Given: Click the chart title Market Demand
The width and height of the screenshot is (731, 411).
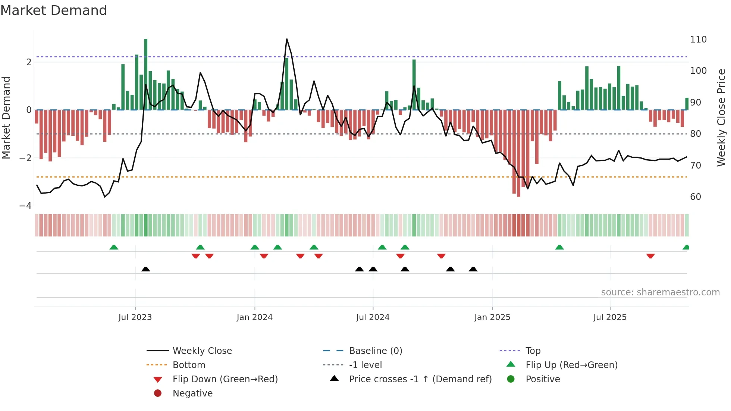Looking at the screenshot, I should (54, 10).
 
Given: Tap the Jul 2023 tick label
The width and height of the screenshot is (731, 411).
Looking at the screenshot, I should (135, 317).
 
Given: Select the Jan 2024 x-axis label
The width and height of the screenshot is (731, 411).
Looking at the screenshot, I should (255, 317).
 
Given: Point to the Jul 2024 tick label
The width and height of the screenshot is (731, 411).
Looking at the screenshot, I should (373, 317).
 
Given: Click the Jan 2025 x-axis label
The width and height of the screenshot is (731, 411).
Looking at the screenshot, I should (492, 317).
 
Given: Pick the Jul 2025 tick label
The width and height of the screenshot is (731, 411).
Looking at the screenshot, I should (610, 317).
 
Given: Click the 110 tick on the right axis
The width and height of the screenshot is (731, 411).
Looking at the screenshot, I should (698, 40).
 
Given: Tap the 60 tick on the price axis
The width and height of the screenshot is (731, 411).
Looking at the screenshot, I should (696, 197).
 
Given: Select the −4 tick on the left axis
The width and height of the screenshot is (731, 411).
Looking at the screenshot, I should (25, 206).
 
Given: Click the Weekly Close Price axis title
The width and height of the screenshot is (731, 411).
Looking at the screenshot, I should (721, 117).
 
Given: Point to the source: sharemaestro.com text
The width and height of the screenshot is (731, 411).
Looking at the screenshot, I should (660, 292).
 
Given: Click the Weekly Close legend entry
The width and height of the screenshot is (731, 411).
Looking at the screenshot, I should (202, 351).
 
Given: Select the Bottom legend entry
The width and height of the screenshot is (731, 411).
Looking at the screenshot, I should (189, 365).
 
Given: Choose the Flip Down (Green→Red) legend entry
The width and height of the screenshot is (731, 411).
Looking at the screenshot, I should (225, 379).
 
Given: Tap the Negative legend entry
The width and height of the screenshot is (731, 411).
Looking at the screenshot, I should (192, 393).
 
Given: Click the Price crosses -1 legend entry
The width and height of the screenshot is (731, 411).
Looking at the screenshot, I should (420, 379).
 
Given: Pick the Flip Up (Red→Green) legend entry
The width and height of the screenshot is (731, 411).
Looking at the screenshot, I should (571, 365).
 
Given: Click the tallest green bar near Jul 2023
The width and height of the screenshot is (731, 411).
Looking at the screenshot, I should (145, 75).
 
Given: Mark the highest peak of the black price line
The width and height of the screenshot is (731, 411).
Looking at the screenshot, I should (286, 39).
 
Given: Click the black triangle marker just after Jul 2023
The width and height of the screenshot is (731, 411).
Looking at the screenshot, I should (146, 269).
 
